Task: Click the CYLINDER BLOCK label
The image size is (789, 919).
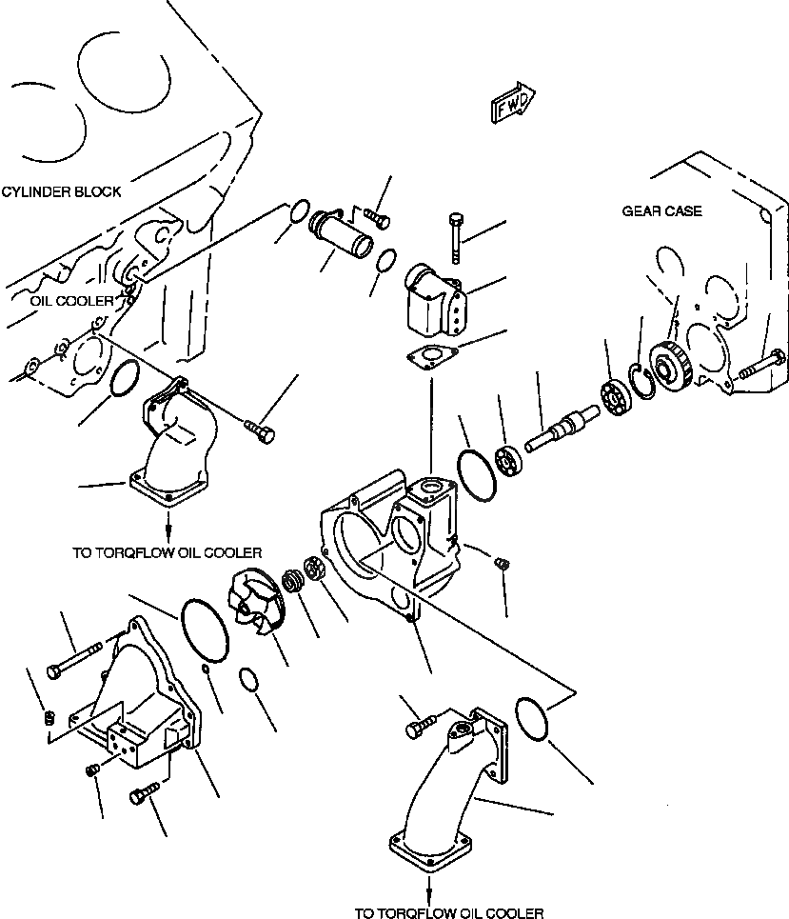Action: coord(62,191)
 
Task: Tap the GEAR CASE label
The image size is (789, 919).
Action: coord(662,210)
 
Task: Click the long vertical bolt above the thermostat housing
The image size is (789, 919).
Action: coord(455,238)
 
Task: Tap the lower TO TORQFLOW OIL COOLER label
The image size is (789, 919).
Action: coord(449,912)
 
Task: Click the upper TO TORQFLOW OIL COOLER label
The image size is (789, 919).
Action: coord(167,551)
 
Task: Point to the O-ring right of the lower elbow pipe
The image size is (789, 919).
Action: coord(534,717)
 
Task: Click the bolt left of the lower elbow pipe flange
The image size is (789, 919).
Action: coord(420,727)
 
